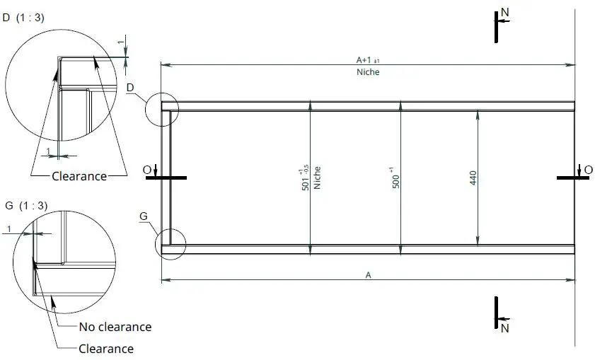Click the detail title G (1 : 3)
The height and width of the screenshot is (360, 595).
[x=27, y=206]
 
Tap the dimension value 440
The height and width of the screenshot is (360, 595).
[x=472, y=178]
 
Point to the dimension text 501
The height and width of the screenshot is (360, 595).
[x=305, y=178]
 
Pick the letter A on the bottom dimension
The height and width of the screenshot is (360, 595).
[x=368, y=276]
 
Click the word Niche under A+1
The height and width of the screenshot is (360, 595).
[x=368, y=72]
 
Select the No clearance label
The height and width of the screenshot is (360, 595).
[x=115, y=327]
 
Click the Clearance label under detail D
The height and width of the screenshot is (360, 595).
[x=79, y=176]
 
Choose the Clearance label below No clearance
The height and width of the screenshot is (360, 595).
[x=106, y=349]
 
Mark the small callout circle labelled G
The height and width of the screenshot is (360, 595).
[x=170, y=243]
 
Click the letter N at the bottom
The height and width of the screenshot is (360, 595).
[x=504, y=328]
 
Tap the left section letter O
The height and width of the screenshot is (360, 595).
[x=146, y=169]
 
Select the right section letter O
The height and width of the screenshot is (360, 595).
[x=579, y=169]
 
